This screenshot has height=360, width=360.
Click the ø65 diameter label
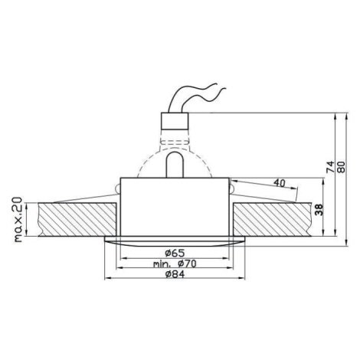tap(175, 253)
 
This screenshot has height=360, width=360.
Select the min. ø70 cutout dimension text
tap(175, 263)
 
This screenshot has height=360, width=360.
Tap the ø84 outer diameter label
tap(175, 274)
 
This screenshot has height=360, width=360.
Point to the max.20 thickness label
tap(18, 219)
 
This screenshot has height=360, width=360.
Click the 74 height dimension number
tap(330, 166)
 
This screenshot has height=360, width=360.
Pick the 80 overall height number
tap(341, 167)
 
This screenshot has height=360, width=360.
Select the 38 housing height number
tap(319, 210)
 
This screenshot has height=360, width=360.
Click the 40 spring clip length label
tap(279, 182)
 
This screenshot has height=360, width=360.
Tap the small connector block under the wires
tap(175, 121)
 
